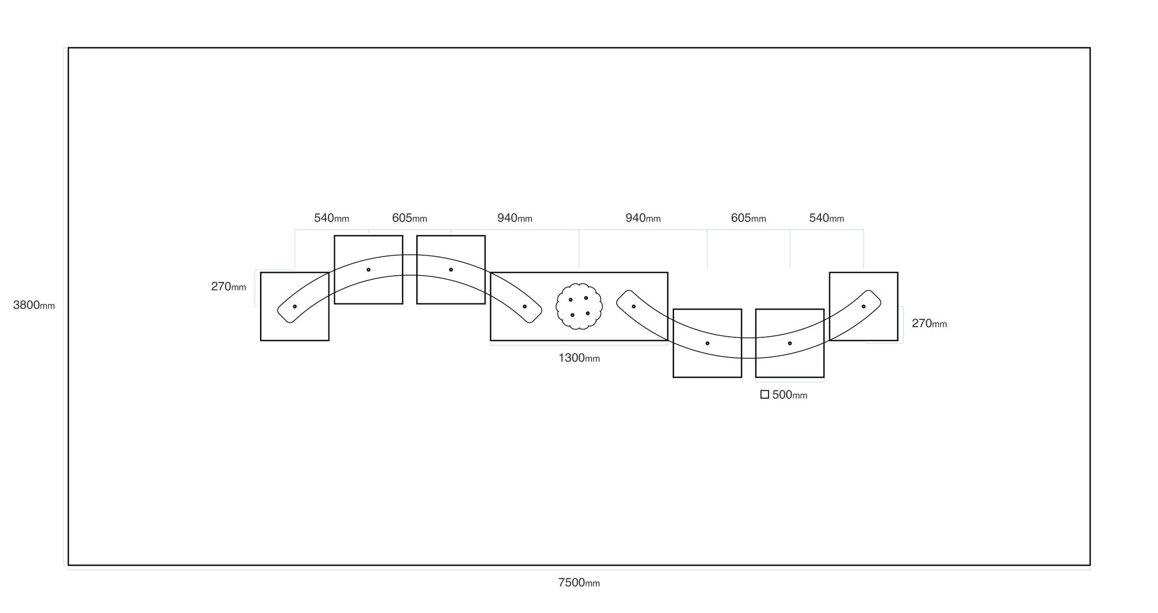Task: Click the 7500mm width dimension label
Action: (x=579, y=582)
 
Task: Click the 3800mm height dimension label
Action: (x=34, y=305)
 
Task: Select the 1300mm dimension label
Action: (x=579, y=358)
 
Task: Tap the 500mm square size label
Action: (x=790, y=395)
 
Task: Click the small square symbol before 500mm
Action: (x=764, y=395)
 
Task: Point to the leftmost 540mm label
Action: (x=331, y=218)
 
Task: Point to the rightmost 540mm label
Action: (x=827, y=218)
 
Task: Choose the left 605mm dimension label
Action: (x=409, y=218)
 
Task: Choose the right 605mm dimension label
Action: (x=749, y=218)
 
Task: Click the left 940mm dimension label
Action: (x=515, y=218)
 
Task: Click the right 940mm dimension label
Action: (x=643, y=218)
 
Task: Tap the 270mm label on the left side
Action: (x=228, y=286)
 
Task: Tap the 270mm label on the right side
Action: (x=929, y=324)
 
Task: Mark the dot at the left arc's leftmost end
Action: (x=295, y=306)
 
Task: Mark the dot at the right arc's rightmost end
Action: (x=863, y=306)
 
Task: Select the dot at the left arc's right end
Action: (x=525, y=306)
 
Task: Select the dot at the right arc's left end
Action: (x=633, y=306)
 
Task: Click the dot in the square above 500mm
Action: (x=790, y=343)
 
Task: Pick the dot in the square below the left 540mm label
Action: (x=368, y=269)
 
